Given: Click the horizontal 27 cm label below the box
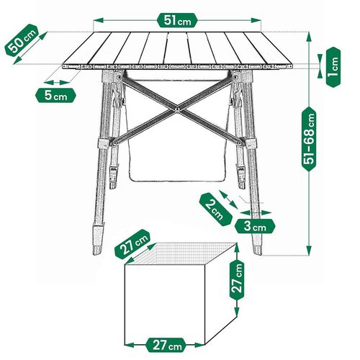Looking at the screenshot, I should pyautogui.click(x=166, y=344).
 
